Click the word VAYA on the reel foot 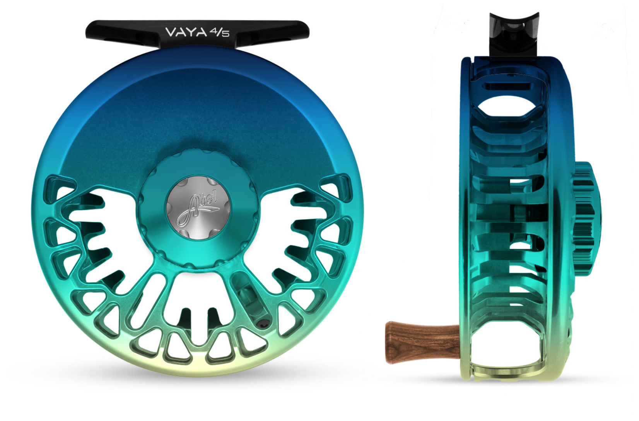186,32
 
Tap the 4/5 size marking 219,33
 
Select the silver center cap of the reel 198,207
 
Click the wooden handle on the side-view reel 423,342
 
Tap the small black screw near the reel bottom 263,323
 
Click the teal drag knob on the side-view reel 586,218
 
